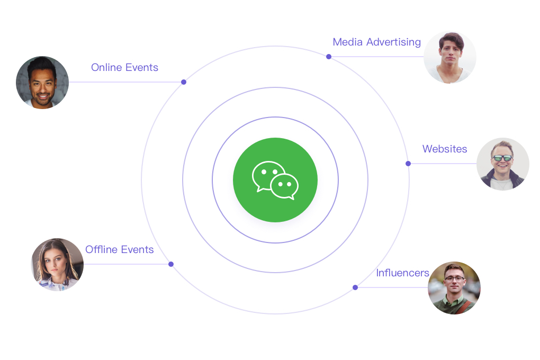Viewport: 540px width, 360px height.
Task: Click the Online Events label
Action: coord(124,68)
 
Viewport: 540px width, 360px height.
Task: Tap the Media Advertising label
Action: coord(376,42)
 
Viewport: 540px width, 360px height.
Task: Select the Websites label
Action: coord(445,149)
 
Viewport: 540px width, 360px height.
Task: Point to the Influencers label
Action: coord(402,273)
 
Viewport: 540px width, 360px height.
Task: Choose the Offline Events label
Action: coord(119,250)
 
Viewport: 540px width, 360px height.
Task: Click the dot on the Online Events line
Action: coord(184,82)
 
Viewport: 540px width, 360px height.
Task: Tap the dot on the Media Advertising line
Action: coord(329,57)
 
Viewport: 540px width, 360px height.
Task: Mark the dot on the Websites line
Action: coord(408,164)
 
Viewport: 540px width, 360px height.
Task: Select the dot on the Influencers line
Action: coord(355,287)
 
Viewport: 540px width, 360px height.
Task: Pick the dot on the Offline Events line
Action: coord(171,264)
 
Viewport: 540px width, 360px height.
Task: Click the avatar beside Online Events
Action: coord(42,83)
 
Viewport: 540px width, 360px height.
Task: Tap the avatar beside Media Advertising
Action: coord(450,57)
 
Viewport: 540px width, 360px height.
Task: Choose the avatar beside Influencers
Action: coord(454,288)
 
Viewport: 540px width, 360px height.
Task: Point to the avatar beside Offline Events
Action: coord(57,265)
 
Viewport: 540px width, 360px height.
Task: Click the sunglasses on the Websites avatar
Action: coord(502,158)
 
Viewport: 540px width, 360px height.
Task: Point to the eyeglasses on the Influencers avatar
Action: coord(454,278)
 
